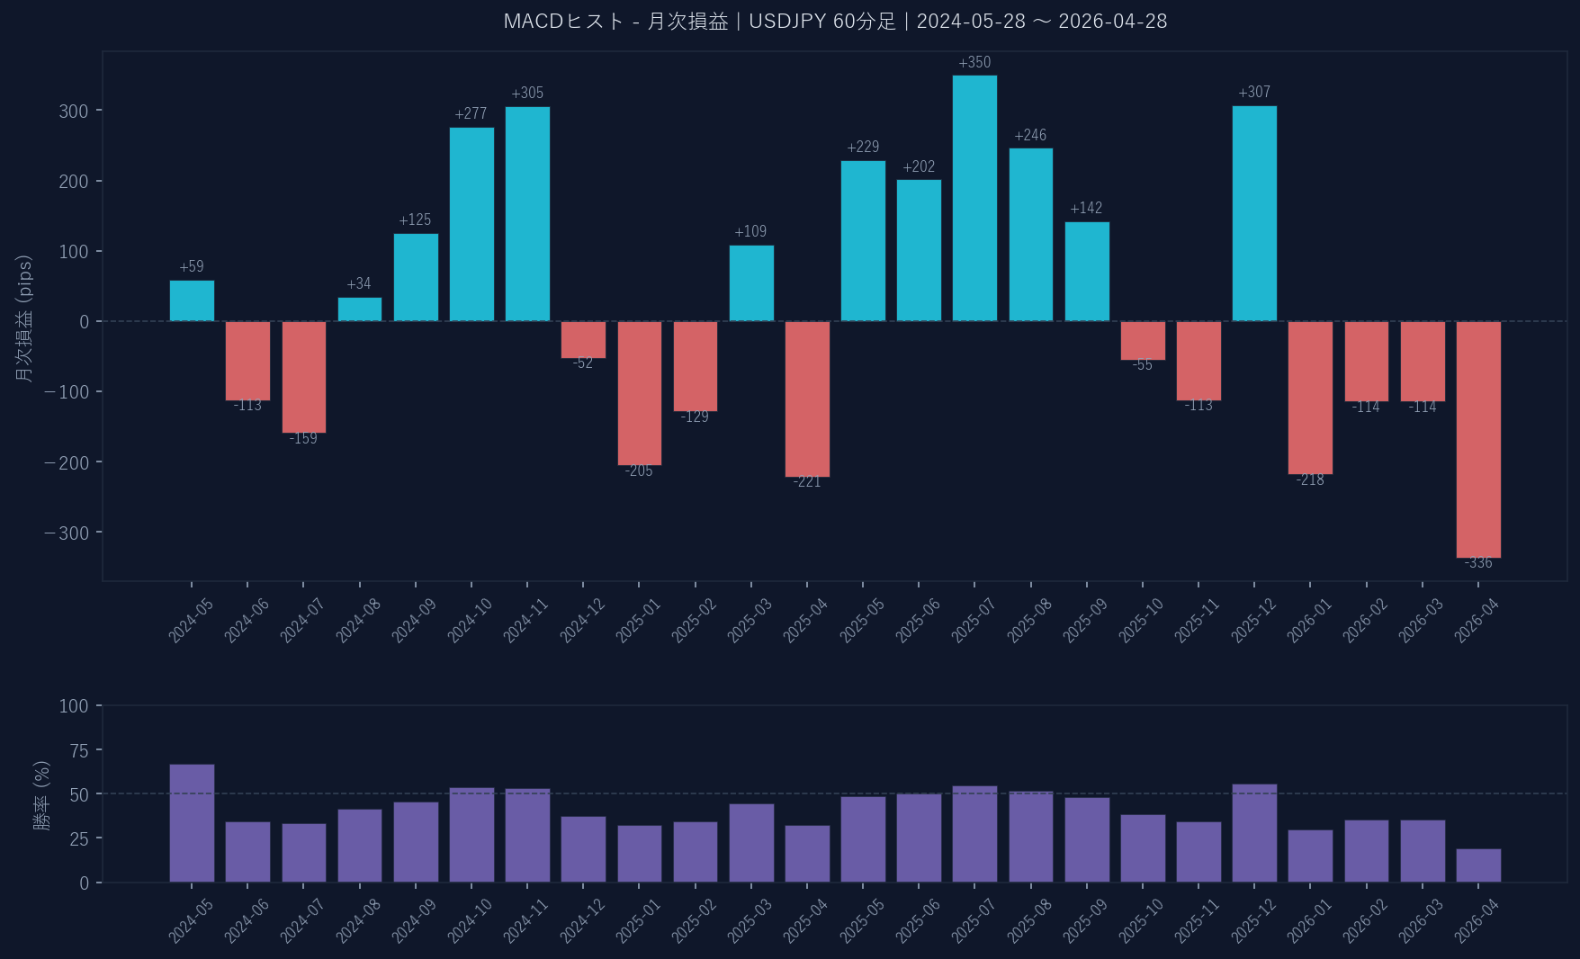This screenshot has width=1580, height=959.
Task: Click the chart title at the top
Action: click(x=835, y=22)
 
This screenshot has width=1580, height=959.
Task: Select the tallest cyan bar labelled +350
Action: click(x=974, y=198)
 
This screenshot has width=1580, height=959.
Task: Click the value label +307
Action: click(x=1254, y=93)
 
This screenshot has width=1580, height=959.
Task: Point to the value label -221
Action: click(x=807, y=482)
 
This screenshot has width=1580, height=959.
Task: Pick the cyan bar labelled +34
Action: click(x=360, y=309)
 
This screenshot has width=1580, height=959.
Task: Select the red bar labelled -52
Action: click(x=583, y=340)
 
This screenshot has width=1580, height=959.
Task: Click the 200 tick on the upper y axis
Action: click(x=74, y=182)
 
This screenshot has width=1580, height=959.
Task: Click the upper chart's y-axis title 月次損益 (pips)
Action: click(x=24, y=318)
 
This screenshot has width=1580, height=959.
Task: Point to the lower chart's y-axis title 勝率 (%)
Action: click(x=41, y=795)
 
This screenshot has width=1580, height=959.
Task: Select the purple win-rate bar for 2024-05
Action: click(x=192, y=823)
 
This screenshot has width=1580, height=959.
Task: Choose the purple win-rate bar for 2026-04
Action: click(x=1478, y=865)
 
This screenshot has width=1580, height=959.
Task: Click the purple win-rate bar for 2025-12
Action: click(x=1254, y=833)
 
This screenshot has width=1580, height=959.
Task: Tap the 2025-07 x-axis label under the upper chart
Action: click(x=973, y=621)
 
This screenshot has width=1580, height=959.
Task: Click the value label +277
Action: click(x=471, y=114)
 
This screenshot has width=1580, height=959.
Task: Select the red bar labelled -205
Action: click(x=639, y=393)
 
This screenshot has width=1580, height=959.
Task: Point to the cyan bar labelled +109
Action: click(x=751, y=283)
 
